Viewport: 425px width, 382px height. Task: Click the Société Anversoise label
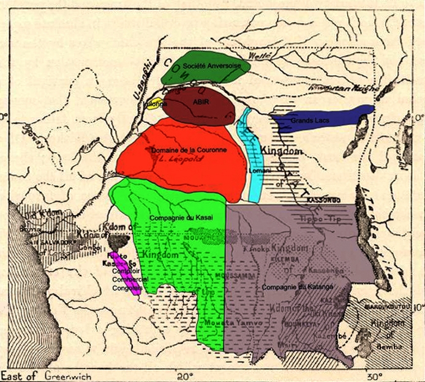coord(211,64)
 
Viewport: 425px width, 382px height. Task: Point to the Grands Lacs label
coord(310,120)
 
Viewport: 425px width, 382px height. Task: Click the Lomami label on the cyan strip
coord(255,172)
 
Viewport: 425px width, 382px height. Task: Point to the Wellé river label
coord(260,56)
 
